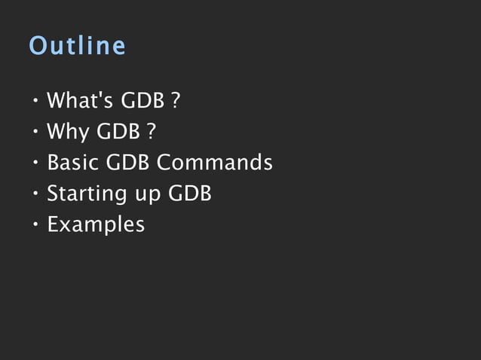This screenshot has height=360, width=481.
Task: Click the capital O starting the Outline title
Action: coord(37,46)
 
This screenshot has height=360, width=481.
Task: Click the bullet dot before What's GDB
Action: coord(35,101)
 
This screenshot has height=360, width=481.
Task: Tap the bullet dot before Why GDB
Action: coord(35,132)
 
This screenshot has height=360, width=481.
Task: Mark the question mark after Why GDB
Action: coord(152,132)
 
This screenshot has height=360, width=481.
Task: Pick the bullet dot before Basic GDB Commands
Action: coord(35,163)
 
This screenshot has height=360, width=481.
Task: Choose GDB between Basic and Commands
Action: coord(128,163)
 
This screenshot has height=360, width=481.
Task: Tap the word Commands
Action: coord(215,163)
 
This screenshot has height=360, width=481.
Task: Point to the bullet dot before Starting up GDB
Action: coord(35,194)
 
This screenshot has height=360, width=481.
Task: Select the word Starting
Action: coord(82,194)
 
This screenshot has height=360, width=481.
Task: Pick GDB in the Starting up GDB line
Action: coord(189,194)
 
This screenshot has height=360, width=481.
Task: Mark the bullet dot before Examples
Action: coord(35,224)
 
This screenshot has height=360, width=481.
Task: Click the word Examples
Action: coord(96,225)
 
